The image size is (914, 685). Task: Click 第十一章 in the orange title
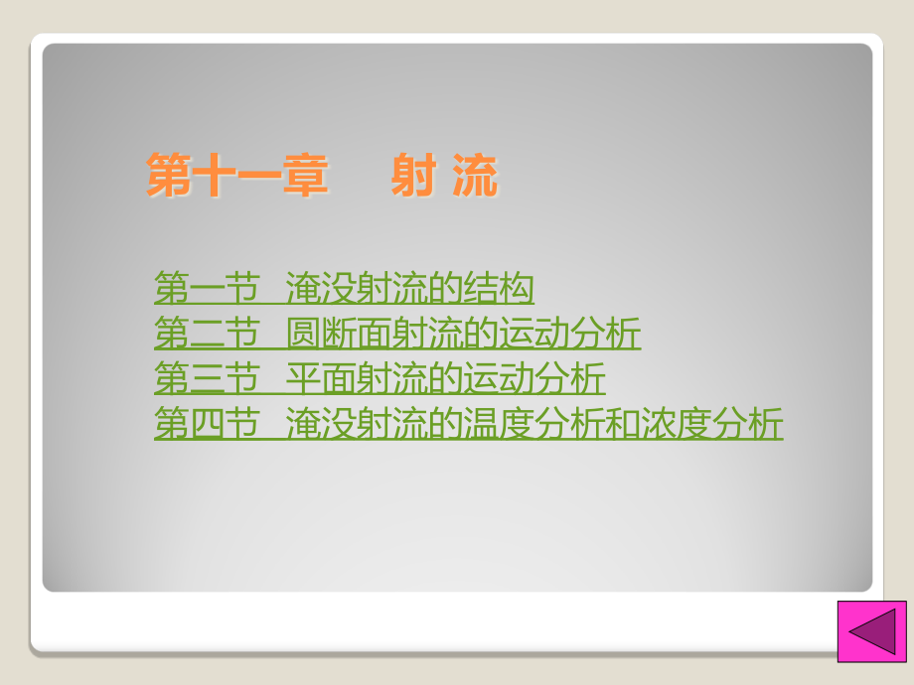236,176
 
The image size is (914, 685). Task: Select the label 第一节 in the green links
203,289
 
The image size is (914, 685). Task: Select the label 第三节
203,379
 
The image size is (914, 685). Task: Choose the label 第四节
203,425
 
